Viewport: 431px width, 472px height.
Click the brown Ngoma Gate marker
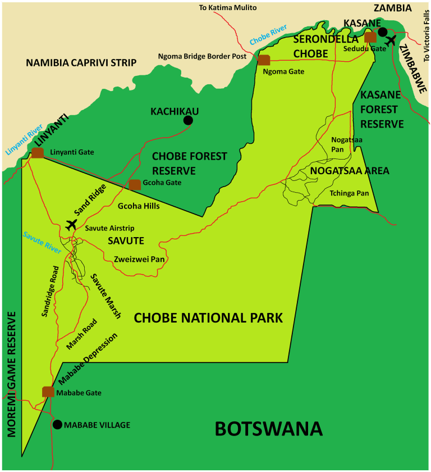pyautogui.click(x=263, y=60)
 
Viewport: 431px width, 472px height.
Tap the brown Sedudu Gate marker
pyautogui.click(x=370, y=37)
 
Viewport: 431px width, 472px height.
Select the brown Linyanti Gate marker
pyautogui.click(x=38, y=153)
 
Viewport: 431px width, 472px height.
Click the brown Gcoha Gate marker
pyautogui.click(x=135, y=184)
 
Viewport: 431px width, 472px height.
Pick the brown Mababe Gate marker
pyautogui.click(x=48, y=392)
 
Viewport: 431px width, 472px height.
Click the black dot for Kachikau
pyautogui.click(x=188, y=120)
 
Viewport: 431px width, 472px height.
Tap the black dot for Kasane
pyautogui.click(x=383, y=32)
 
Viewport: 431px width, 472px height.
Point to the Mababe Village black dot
pyautogui.click(x=57, y=424)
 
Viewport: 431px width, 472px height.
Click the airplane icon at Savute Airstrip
pyautogui.click(x=71, y=225)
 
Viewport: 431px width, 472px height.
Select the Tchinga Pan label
pyautogui.click(x=349, y=193)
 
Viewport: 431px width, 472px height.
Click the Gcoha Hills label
pyautogui.click(x=139, y=206)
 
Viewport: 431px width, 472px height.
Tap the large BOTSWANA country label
pyautogui.click(x=269, y=429)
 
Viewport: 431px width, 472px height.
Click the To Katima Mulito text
pyautogui.click(x=228, y=8)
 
